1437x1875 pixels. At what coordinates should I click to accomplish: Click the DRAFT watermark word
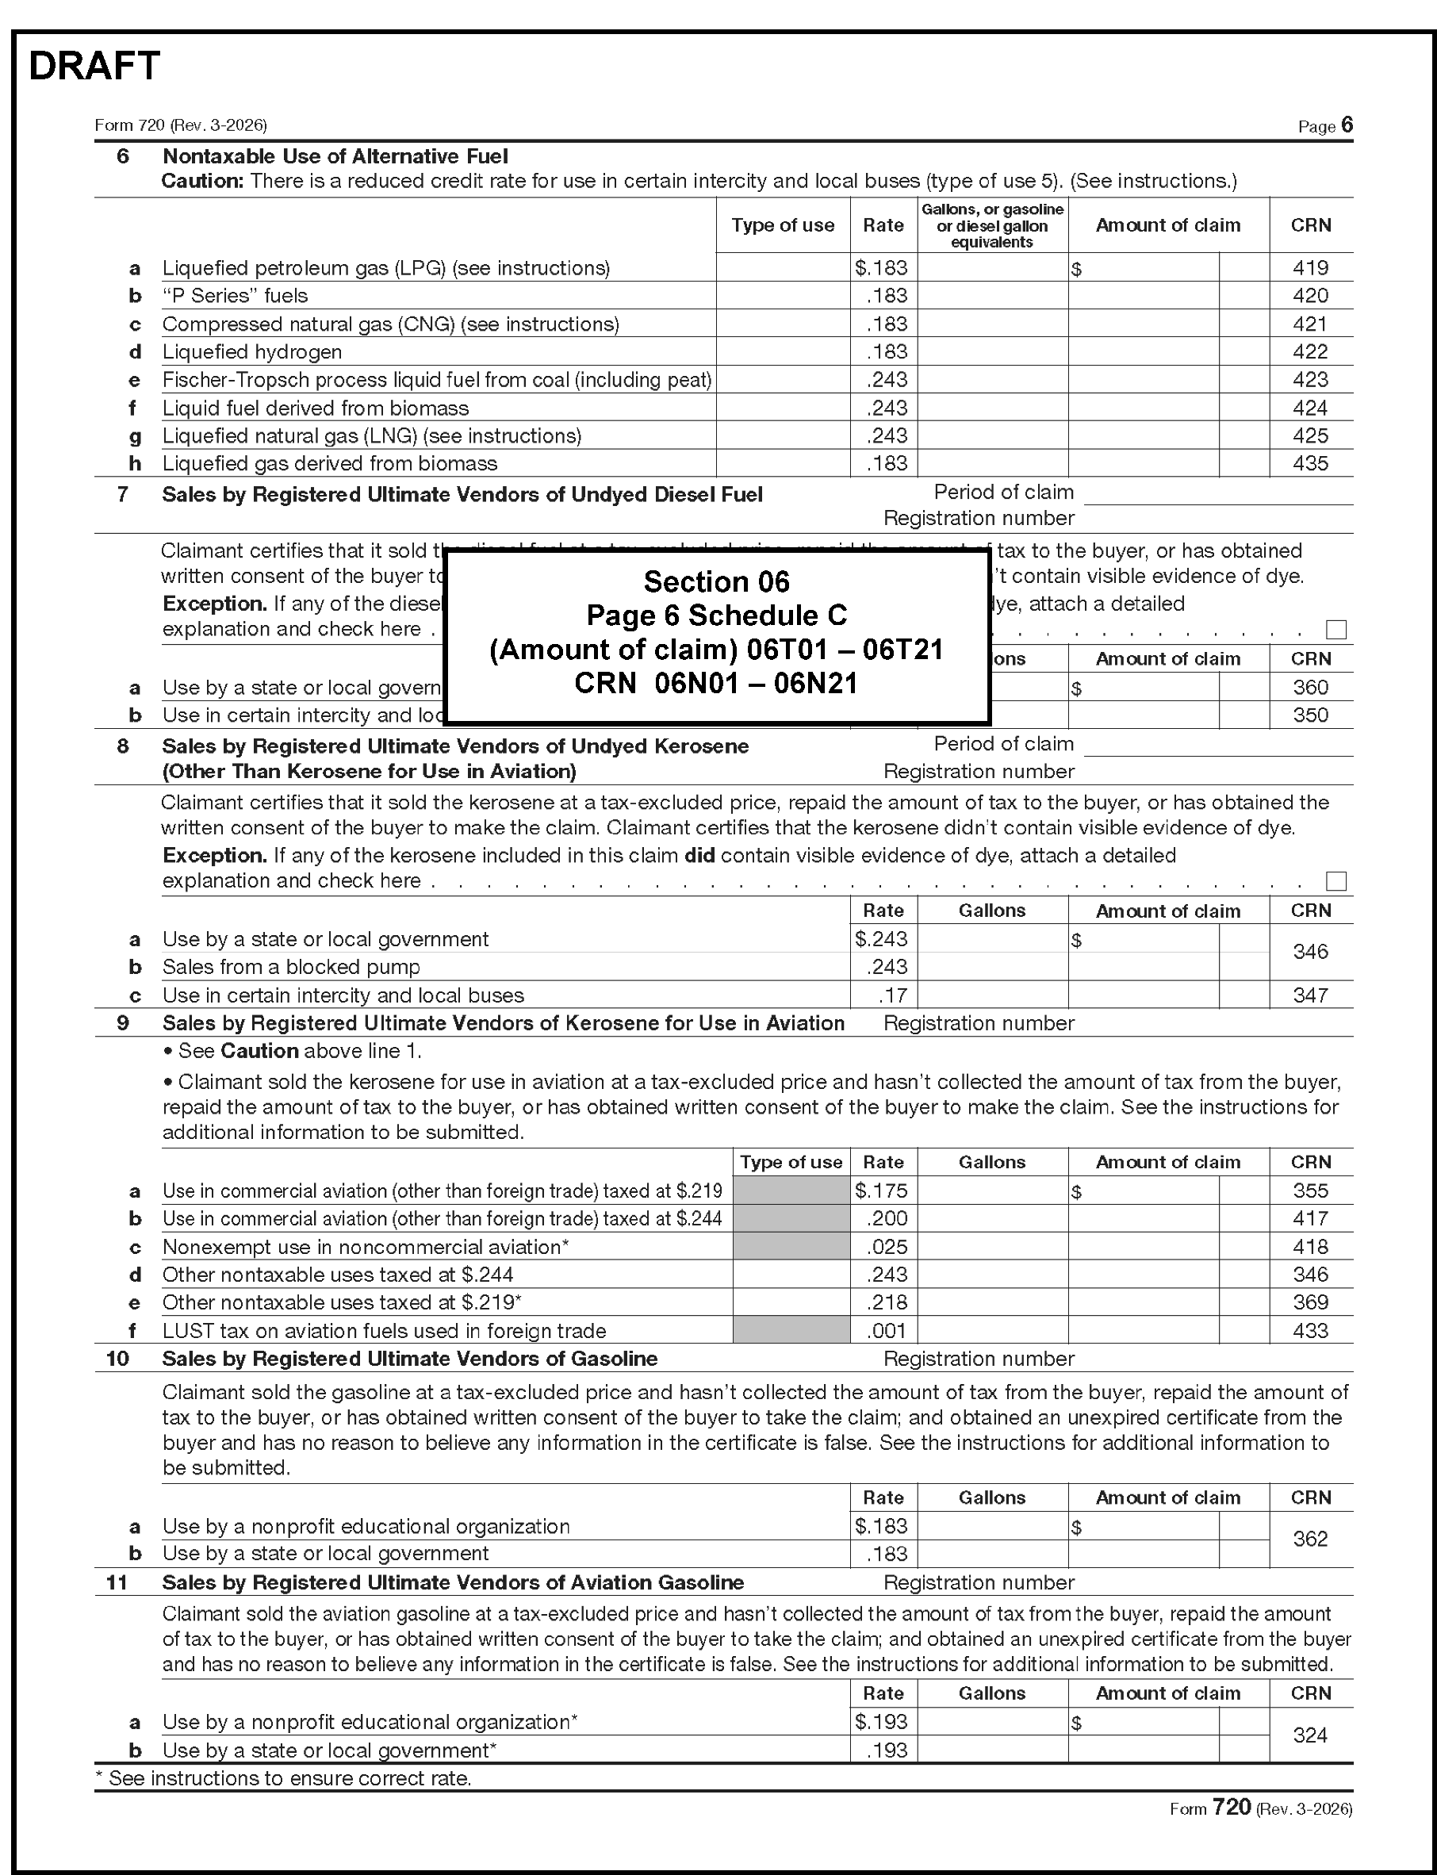[94, 66]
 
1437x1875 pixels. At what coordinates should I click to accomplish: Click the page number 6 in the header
[1347, 125]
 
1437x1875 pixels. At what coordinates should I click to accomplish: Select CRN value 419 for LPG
[1309, 268]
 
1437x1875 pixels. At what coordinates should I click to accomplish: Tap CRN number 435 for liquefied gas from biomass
[1309, 464]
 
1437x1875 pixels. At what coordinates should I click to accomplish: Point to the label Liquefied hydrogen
[252, 351]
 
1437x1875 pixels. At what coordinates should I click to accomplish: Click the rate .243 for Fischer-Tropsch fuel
[886, 380]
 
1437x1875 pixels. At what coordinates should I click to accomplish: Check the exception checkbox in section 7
[1335, 630]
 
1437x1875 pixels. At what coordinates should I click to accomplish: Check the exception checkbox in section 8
[1335, 881]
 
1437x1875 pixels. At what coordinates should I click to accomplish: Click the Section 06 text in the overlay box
[716, 581]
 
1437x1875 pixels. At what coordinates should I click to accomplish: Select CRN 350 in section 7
[1309, 715]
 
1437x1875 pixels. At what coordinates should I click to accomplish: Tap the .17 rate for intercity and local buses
[892, 995]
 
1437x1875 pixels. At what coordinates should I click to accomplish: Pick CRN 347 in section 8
[1309, 995]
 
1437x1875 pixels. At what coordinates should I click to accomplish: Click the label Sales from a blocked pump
[291, 967]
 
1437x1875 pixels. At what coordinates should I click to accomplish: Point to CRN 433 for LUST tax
[1309, 1330]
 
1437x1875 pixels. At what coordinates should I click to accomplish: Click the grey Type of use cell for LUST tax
[791, 1330]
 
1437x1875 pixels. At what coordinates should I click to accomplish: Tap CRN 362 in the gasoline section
[1309, 1539]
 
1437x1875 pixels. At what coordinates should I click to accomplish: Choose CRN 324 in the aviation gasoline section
[1309, 1735]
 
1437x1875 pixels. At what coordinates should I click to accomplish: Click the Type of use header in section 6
[783, 225]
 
